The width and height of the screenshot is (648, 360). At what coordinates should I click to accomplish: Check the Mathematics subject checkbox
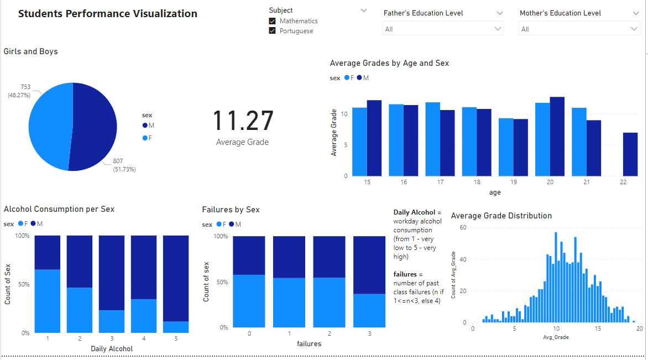pyautogui.click(x=272, y=21)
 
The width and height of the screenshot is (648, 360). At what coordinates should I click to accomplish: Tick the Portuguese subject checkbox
pyautogui.click(x=272, y=31)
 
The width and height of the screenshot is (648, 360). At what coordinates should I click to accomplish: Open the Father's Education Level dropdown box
pyautogui.click(x=443, y=29)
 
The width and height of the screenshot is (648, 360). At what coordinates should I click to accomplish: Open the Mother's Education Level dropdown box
pyautogui.click(x=579, y=29)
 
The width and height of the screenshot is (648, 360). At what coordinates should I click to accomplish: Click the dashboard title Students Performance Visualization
pyautogui.click(x=107, y=14)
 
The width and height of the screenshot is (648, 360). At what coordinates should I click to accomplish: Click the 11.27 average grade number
pyautogui.click(x=243, y=121)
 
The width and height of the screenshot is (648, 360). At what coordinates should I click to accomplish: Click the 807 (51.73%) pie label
pyautogui.click(x=122, y=165)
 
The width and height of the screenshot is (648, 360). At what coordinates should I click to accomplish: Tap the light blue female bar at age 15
pyautogui.click(x=359, y=142)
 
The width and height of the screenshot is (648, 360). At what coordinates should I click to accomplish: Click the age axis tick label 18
pyautogui.click(x=476, y=182)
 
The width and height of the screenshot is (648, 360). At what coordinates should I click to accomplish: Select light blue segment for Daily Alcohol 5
pyautogui.click(x=176, y=327)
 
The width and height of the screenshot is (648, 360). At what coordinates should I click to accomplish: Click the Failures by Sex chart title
pyautogui.click(x=231, y=210)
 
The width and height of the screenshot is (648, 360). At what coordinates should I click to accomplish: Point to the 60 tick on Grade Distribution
pyautogui.click(x=463, y=227)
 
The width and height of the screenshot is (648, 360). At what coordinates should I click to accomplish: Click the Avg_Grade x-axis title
pyautogui.click(x=555, y=336)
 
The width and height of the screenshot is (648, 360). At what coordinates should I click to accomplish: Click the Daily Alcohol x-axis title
pyautogui.click(x=112, y=349)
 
